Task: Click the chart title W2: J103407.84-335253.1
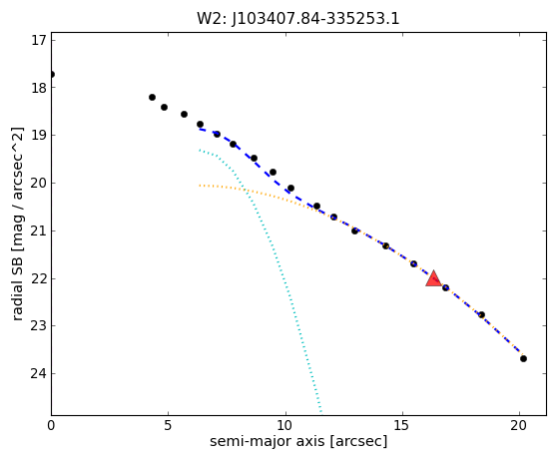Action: (298, 19)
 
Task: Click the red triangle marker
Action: (434, 278)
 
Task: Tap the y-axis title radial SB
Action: (17, 225)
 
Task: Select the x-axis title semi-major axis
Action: (298, 441)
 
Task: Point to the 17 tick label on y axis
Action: (39, 40)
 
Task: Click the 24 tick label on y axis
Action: (39, 373)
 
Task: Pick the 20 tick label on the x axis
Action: (519, 425)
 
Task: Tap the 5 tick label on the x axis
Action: (168, 425)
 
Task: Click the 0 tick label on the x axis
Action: (51, 425)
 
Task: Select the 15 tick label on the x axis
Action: (402, 425)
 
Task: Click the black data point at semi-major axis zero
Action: (52, 75)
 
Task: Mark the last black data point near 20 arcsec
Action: (523, 358)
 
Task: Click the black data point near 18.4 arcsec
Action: (481, 314)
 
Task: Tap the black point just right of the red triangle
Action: (445, 287)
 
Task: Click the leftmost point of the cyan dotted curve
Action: (200, 150)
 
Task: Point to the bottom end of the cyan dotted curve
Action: (321, 413)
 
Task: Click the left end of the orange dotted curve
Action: (200, 186)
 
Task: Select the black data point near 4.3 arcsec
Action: (152, 97)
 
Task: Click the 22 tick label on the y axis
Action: (39, 278)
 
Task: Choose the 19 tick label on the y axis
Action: (39, 135)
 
